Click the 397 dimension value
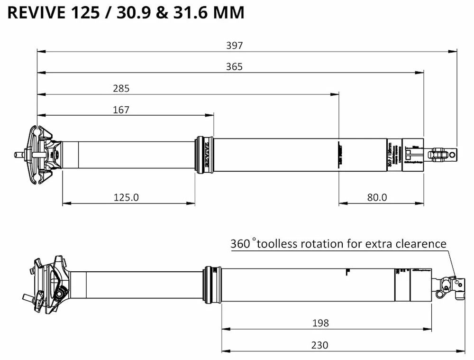click(x=234, y=46)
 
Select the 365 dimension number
click(x=234, y=67)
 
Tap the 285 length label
click(x=121, y=88)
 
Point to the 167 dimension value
click(x=121, y=110)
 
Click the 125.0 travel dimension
click(x=126, y=197)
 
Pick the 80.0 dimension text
click(x=377, y=197)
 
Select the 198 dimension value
click(x=320, y=323)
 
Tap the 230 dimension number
click(x=320, y=345)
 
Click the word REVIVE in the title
click(x=37, y=13)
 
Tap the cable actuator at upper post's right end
click(x=443, y=154)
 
